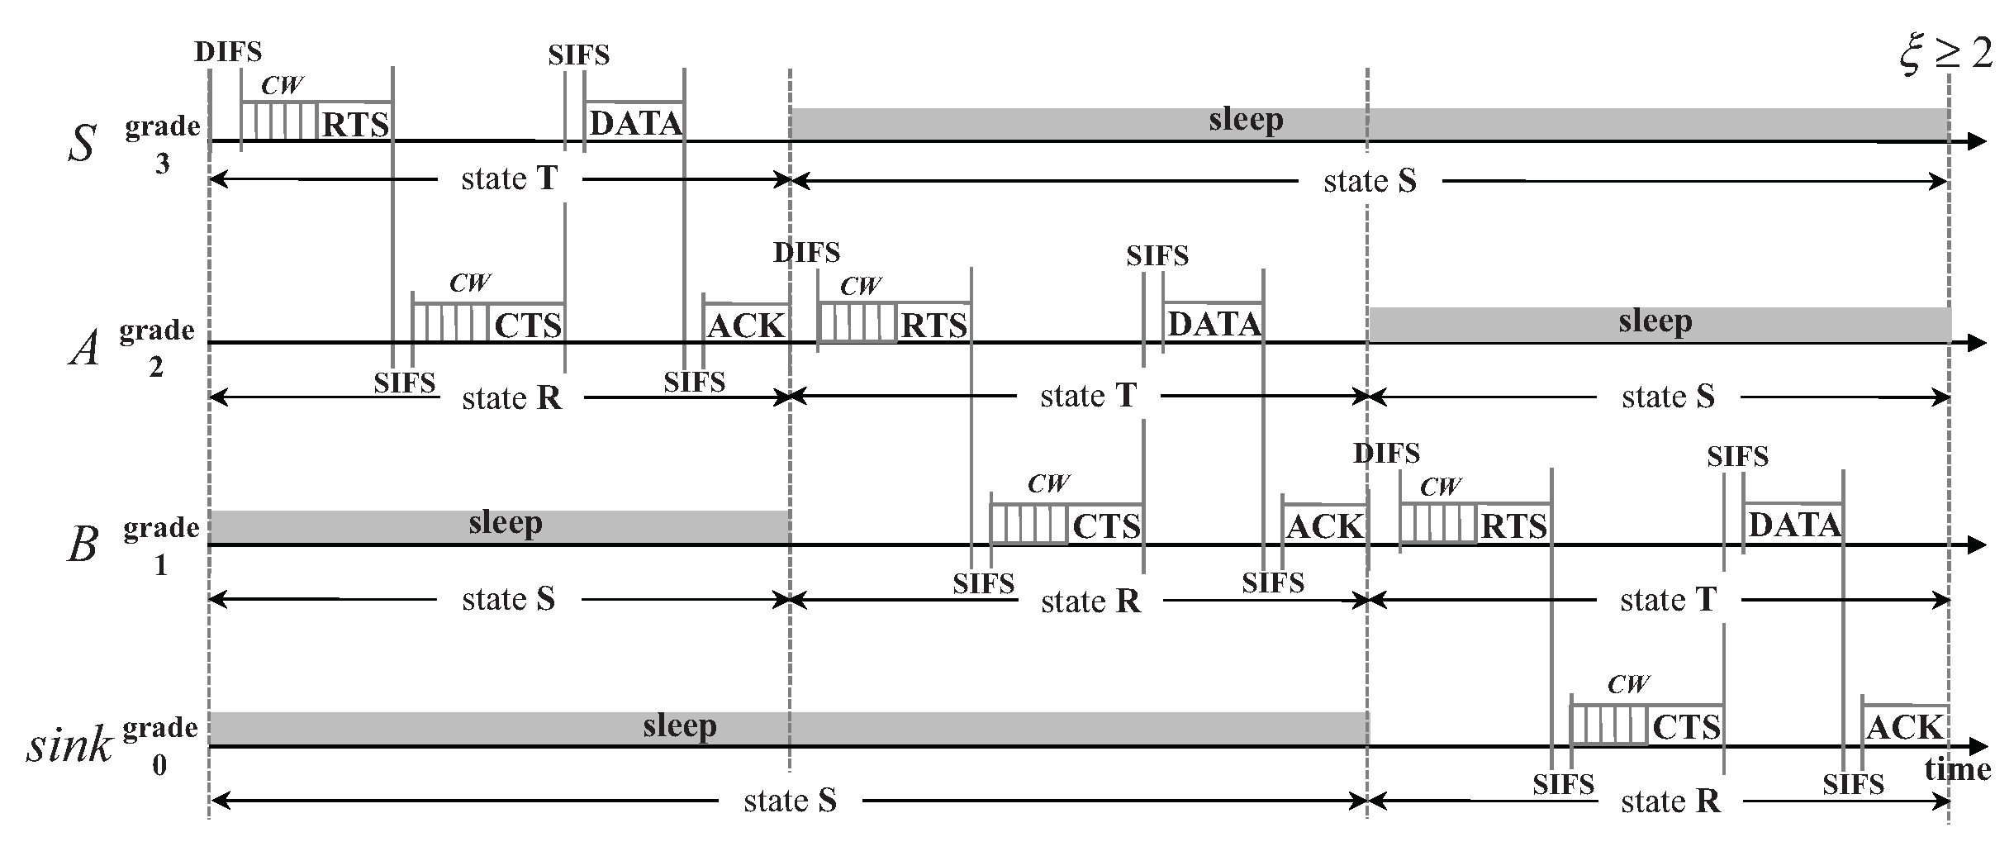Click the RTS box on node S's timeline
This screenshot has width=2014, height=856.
(355, 124)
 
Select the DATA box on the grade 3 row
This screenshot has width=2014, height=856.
(635, 123)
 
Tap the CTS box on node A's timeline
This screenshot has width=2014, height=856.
(528, 325)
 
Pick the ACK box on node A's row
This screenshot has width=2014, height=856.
(746, 325)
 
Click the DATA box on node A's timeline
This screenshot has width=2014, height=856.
(1214, 323)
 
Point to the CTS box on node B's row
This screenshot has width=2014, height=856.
(1106, 525)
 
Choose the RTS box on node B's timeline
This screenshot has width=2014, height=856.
(1513, 525)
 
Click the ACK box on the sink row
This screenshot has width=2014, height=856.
(1904, 727)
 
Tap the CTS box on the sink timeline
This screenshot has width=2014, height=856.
(1686, 727)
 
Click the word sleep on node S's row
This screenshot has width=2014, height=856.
(1246, 120)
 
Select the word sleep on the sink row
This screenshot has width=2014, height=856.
(680, 725)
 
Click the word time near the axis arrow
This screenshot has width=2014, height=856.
(1957, 770)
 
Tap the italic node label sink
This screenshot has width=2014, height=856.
(69, 745)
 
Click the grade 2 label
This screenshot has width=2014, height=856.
(157, 348)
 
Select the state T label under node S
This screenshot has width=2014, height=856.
(510, 178)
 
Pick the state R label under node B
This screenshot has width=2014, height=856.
(1090, 601)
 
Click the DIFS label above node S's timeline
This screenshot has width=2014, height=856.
(228, 52)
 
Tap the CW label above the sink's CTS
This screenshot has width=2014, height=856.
(1628, 684)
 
